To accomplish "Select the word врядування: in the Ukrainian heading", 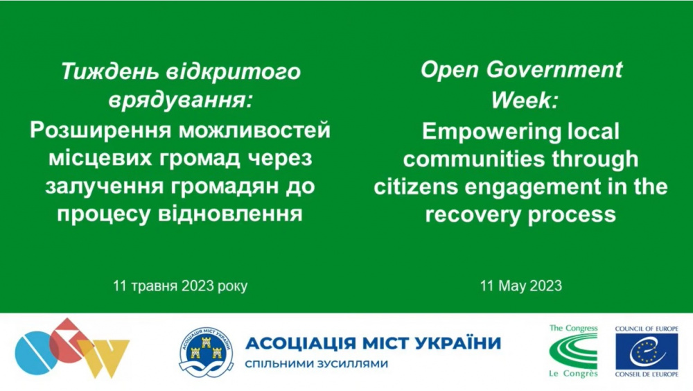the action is [x=181, y=100].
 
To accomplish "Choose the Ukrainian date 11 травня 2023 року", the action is [x=180, y=286].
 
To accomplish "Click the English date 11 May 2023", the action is [x=521, y=286].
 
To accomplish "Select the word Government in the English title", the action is [x=554, y=70].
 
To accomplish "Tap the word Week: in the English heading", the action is [x=525, y=99].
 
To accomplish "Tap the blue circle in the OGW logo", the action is [x=35, y=352].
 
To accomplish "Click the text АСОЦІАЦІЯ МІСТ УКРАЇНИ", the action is [x=373, y=343].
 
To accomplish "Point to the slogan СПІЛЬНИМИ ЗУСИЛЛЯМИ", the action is [x=317, y=364].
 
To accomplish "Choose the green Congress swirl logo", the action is [x=573, y=351].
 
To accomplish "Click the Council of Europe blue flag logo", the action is [x=646, y=351].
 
